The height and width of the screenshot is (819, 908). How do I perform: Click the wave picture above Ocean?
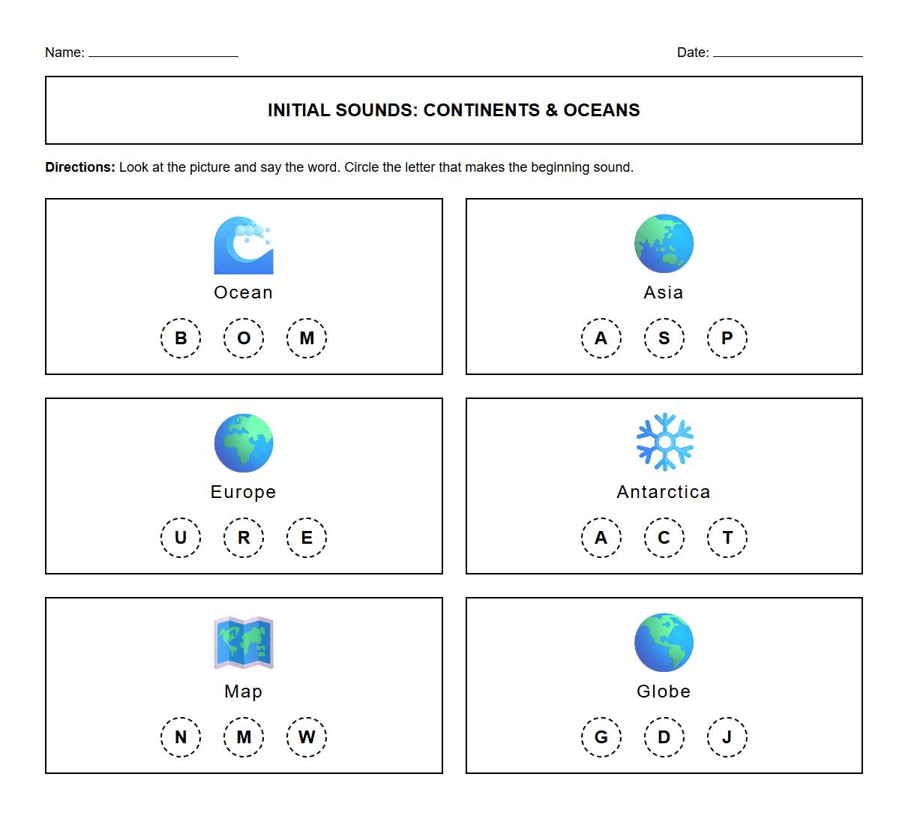[244, 245]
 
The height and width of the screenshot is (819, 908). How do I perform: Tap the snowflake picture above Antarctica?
[664, 442]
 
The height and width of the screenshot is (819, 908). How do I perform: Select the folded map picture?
[244, 643]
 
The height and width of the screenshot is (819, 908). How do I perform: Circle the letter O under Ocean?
[244, 338]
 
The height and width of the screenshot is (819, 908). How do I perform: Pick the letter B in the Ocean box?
[181, 338]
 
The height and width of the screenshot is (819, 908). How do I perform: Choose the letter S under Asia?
[664, 338]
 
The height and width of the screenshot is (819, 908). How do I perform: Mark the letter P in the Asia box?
[727, 338]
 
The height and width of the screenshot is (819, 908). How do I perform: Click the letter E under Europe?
[307, 538]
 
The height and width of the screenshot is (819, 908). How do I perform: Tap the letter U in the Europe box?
[181, 538]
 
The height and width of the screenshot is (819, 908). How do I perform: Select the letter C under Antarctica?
[664, 538]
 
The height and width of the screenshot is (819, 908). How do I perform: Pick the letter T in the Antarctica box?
[727, 538]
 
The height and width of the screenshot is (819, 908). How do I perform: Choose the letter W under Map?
[307, 737]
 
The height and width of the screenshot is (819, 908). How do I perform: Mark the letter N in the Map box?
[181, 737]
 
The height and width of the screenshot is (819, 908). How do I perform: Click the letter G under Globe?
[601, 737]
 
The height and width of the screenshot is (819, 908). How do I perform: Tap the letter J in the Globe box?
[727, 737]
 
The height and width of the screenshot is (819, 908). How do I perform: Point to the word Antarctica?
[664, 492]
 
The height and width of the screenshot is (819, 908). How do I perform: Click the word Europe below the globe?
[244, 492]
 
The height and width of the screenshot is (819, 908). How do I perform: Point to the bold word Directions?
[80, 167]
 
